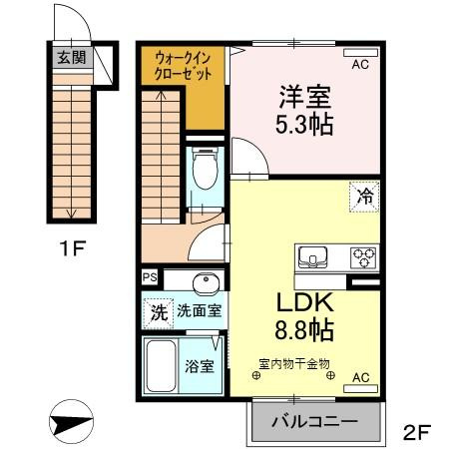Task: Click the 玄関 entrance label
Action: coord(72,57)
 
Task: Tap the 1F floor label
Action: coord(73,248)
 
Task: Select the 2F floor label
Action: coord(417,432)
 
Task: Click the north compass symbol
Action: coord(71,421)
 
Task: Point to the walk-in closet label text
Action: coord(183,66)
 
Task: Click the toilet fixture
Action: coord(206,169)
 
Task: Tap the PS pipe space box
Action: coord(150,277)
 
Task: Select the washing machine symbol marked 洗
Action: coord(159,312)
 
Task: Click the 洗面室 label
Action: coord(199,310)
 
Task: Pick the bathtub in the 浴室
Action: coord(161,366)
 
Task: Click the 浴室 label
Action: coord(200,366)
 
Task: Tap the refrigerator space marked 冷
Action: coord(364,197)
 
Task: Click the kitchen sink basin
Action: coord(312,257)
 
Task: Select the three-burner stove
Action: coord(364,257)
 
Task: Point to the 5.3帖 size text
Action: coord(304,125)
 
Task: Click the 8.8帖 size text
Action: coord(304,330)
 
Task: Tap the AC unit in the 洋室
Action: coord(360,53)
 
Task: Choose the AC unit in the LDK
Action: coord(360,388)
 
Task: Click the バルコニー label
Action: coord(314,422)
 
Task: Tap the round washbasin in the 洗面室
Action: coord(207,283)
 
